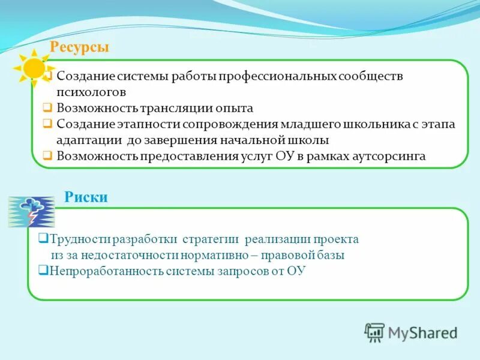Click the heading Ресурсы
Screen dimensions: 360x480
(x=79, y=47)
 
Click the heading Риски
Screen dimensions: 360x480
(x=86, y=197)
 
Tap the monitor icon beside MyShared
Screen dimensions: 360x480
(x=374, y=332)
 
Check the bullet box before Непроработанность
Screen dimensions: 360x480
(x=43, y=270)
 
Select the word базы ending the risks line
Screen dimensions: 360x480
(x=331, y=255)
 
